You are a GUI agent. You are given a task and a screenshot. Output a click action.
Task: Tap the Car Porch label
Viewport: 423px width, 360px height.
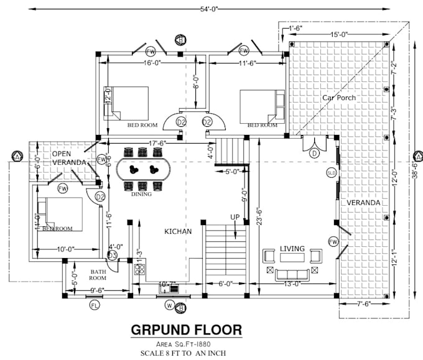coord(341,98)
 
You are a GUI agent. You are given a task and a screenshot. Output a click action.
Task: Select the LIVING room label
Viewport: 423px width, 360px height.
coord(292,249)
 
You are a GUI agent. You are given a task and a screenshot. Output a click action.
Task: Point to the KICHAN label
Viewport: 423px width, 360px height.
coord(178,231)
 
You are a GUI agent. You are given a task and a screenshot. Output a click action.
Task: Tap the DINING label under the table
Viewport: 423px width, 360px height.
coord(141,194)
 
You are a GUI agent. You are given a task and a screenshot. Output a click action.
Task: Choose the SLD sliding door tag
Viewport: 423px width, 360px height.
coord(331,172)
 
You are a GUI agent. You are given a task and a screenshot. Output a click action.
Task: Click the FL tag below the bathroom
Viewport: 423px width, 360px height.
coord(95,305)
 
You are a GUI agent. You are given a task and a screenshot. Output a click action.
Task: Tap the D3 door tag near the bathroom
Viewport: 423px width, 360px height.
coord(113,255)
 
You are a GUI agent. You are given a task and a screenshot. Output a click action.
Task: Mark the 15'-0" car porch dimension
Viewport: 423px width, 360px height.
coord(338,35)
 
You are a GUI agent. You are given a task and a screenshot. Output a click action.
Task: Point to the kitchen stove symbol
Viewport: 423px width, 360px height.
coord(140,270)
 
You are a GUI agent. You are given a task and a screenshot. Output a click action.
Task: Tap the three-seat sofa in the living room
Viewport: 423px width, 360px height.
coord(292,274)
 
